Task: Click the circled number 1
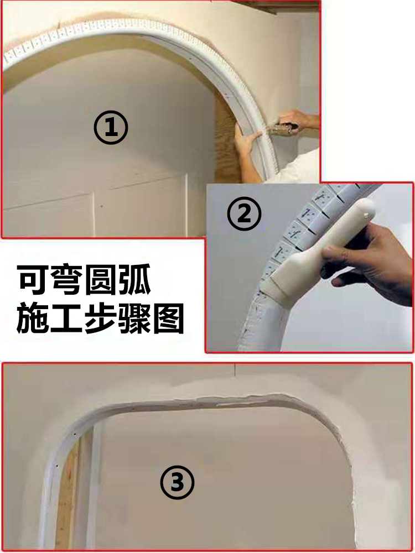tap(111, 128)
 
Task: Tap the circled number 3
tap(177, 482)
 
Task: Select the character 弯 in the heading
tap(75, 281)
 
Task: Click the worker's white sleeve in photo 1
tap(302, 166)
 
